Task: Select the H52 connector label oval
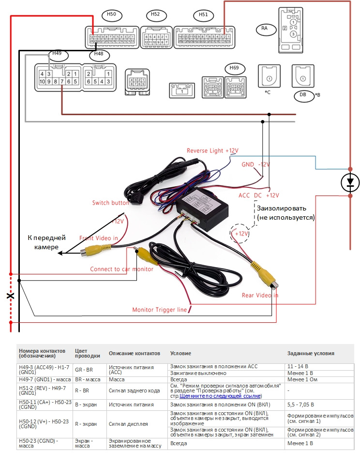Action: click(155, 15)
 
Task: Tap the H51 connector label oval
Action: click(203, 15)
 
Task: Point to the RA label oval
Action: click(265, 29)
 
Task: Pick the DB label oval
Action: click(303, 95)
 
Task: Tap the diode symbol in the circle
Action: click(350, 182)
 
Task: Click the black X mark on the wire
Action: click(10, 296)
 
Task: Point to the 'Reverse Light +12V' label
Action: click(212, 151)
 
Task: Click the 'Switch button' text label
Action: click(110, 203)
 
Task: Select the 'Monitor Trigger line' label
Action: click(160, 310)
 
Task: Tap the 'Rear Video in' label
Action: click(260, 295)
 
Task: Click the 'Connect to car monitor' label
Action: click(122, 269)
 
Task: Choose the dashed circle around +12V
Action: click(240, 234)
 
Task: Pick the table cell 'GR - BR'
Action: click(84, 369)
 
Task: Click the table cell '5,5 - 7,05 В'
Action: click(300, 404)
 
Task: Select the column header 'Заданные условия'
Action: click(311, 353)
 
